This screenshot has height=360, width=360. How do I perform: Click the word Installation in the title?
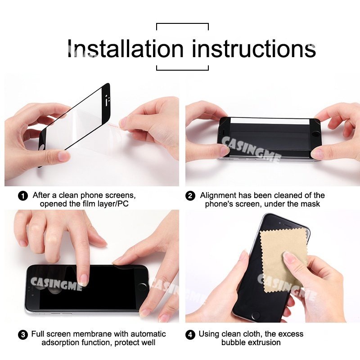click(126, 49)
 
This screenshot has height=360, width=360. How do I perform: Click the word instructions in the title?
click(254, 49)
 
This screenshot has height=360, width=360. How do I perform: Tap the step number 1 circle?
click(23, 196)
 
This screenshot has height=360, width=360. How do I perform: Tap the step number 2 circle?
click(190, 196)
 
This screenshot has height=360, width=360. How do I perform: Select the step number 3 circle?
click(23, 335)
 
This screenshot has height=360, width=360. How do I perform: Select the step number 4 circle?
click(190, 335)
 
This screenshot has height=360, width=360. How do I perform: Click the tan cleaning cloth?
click(283, 261)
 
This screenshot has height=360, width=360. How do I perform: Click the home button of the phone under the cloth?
click(256, 315)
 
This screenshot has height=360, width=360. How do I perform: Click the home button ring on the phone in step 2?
click(316, 135)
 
